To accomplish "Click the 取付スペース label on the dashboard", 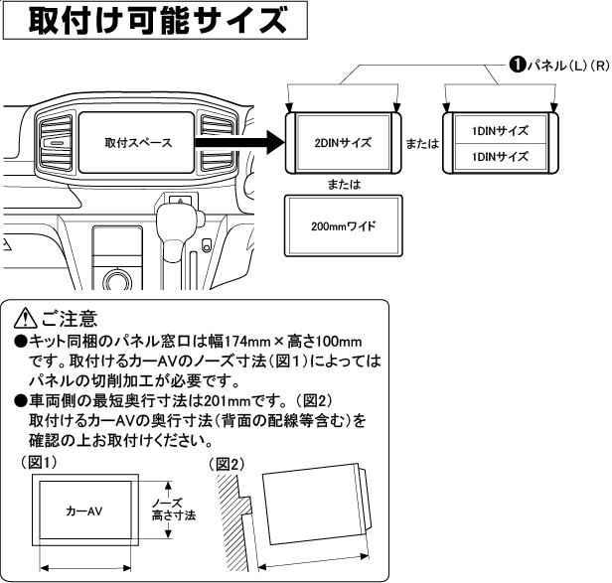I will pyautogui.click(x=138, y=143).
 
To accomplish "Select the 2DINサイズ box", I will pyautogui.click(x=342, y=143).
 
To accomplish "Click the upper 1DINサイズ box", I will pyautogui.click(x=499, y=130).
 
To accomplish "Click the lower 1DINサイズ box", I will pyautogui.click(x=499, y=156).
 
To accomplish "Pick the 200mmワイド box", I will pyautogui.click(x=342, y=226).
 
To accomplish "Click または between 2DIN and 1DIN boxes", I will pyautogui.click(x=423, y=144).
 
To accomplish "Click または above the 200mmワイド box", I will pyautogui.click(x=342, y=185).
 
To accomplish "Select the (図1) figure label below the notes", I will pyautogui.click(x=39, y=463).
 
